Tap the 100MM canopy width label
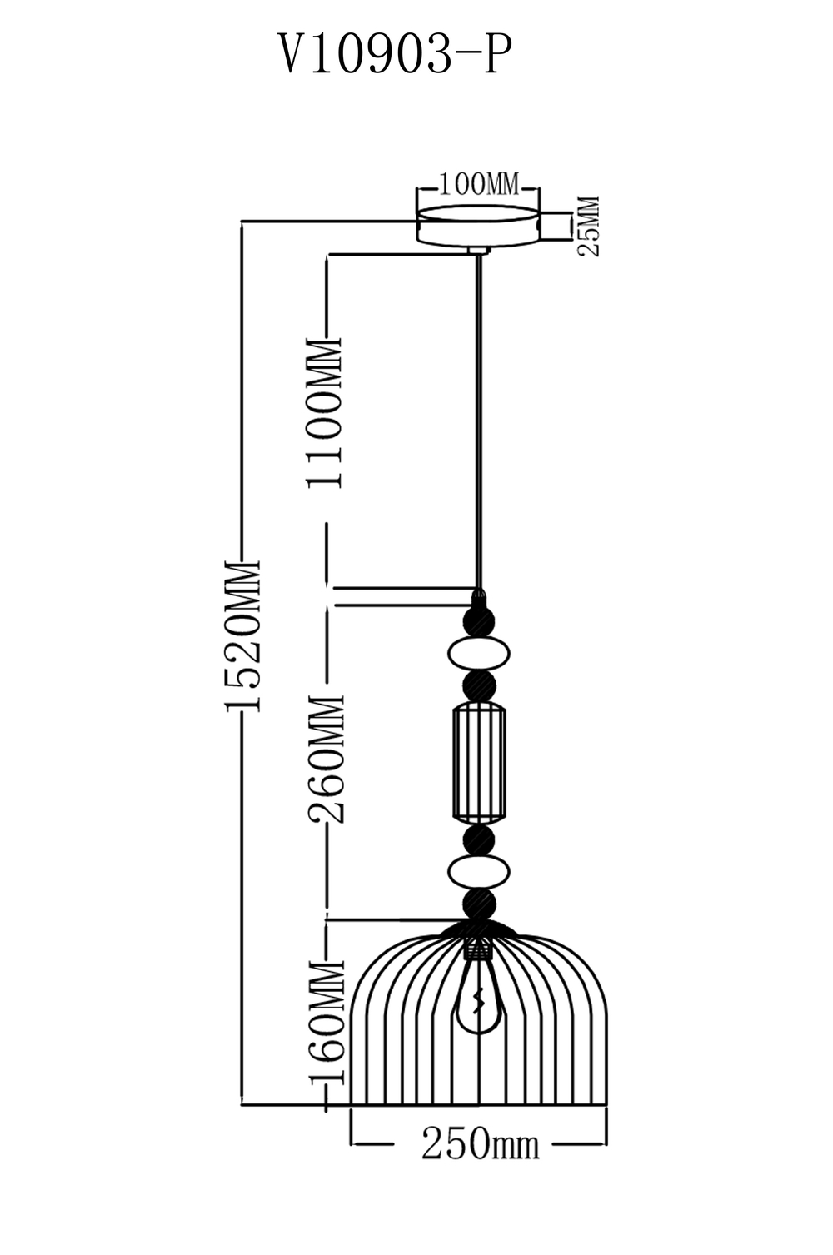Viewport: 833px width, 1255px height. click(478, 184)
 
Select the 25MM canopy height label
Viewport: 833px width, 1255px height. click(589, 226)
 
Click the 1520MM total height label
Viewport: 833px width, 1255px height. click(243, 636)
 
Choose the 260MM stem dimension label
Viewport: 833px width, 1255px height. click(326, 758)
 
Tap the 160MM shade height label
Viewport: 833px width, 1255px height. click(326, 1021)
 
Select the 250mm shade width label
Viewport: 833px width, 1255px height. click(479, 1145)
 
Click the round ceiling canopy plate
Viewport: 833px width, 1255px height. click(478, 225)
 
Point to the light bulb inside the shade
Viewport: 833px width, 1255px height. click(478, 995)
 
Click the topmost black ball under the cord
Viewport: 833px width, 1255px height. click(478, 620)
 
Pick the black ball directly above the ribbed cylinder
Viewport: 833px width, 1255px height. click(478, 685)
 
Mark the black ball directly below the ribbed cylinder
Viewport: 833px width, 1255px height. click(478, 839)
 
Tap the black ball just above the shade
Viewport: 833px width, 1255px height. click(478, 904)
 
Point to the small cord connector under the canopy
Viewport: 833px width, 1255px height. click(478, 250)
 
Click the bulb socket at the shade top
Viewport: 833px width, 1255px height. click(478, 947)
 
